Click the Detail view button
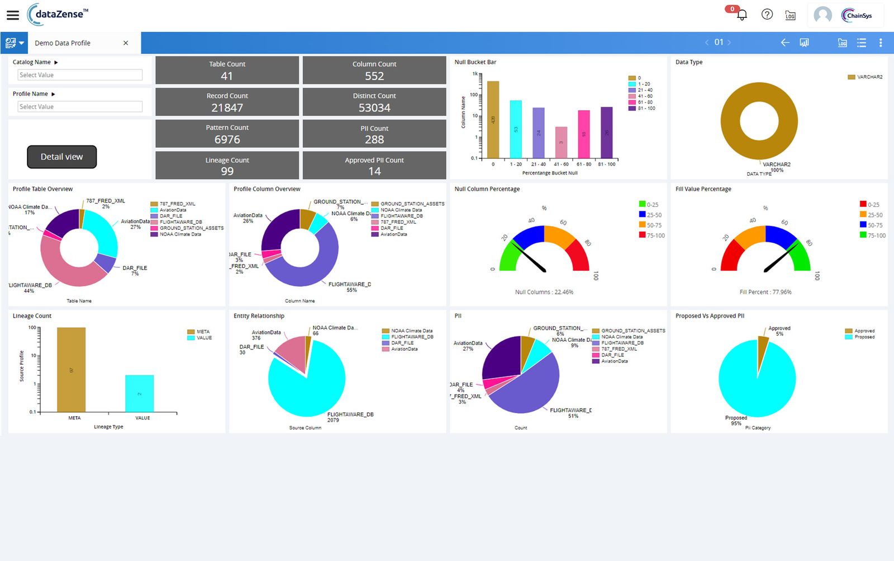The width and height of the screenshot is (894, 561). [x=61, y=157]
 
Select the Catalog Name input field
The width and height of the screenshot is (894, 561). [x=80, y=75]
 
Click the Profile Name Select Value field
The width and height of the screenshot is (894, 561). [x=80, y=107]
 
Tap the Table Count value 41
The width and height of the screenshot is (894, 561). [x=226, y=76]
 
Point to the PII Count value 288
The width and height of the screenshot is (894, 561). [x=374, y=139]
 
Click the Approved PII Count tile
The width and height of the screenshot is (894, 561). [x=374, y=166]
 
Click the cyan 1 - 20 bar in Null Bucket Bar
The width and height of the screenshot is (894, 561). [x=516, y=129]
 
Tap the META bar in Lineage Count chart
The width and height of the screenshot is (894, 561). [x=72, y=370]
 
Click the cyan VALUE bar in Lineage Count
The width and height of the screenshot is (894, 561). [x=140, y=393]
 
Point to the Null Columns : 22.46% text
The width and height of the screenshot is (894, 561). [x=544, y=292]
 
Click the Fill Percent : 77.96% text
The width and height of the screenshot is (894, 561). [x=765, y=292]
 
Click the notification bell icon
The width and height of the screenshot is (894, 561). [x=742, y=15]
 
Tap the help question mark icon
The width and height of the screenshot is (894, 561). [x=767, y=15]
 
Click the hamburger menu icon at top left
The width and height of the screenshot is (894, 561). [x=12, y=15]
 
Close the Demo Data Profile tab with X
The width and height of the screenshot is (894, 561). [x=126, y=43]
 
